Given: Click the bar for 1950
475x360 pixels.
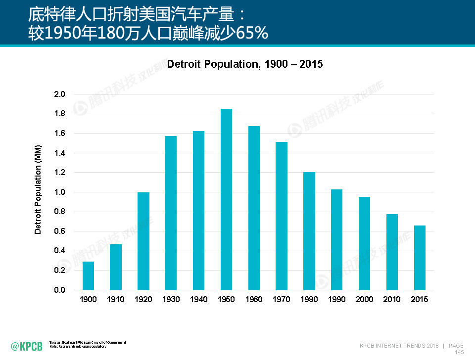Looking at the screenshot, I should pyautogui.click(x=226, y=199).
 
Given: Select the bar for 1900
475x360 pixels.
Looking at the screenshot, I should pyautogui.click(x=88, y=275).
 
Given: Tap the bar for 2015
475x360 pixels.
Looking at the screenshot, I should pyautogui.click(x=420, y=258).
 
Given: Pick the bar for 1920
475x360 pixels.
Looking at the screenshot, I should pyautogui.click(x=143, y=241).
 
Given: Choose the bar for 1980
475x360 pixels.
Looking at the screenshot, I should pyautogui.click(x=309, y=231).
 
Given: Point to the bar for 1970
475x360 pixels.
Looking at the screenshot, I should pyautogui.click(x=282, y=216).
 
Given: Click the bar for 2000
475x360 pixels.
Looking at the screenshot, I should pyautogui.click(x=364, y=243).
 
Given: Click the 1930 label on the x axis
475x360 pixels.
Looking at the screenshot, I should pyautogui.click(x=171, y=300).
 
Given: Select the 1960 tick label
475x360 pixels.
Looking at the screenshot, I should pyautogui.click(x=254, y=300).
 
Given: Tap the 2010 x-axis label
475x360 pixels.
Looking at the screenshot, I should pyautogui.click(x=392, y=300).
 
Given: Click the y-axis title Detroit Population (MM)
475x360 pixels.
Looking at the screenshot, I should pyautogui.click(x=38, y=189).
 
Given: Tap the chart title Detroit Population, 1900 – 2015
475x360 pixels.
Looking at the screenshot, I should pyautogui.click(x=245, y=64).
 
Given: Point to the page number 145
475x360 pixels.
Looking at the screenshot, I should pyautogui.click(x=459, y=352).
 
